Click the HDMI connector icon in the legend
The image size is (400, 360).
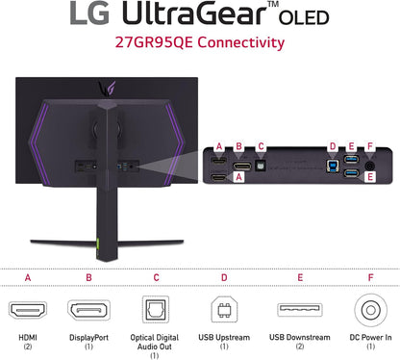point(27,312)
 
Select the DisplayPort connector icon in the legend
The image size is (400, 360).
point(88,312)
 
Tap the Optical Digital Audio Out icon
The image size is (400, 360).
point(156,312)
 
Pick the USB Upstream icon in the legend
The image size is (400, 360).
point(223,312)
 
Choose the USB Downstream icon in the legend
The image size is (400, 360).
point(292,312)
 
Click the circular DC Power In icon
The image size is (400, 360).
point(370,312)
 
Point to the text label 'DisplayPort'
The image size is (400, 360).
point(88,338)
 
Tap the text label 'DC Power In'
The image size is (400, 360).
point(370,338)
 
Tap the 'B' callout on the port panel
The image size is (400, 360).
point(239,147)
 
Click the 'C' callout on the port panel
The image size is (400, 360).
point(261,147)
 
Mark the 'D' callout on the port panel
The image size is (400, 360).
point(332,147)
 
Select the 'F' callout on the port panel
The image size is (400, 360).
point(372,147)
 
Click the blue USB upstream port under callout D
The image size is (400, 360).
point(332,165)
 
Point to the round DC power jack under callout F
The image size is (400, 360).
point(370,166)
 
